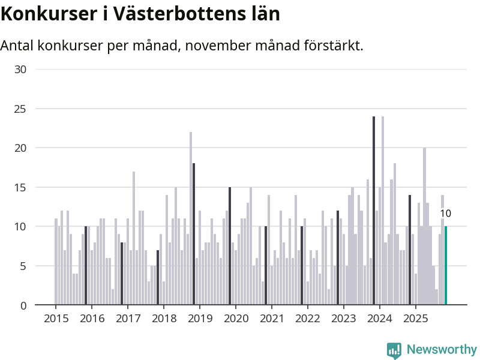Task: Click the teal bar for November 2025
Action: [446, 266]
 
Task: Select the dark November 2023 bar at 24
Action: [374, 210]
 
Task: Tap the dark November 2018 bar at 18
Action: [194, 234]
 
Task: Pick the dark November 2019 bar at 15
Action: [230, 246]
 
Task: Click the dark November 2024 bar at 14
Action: [410, 250]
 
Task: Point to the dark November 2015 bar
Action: [86, 266]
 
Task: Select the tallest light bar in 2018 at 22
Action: [191, 218]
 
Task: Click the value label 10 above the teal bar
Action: [445, 214]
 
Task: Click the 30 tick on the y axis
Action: [20, 70]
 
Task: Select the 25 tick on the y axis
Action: [20, 109]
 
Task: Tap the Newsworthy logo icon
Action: [394, 350]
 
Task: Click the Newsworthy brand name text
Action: [442, 350]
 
